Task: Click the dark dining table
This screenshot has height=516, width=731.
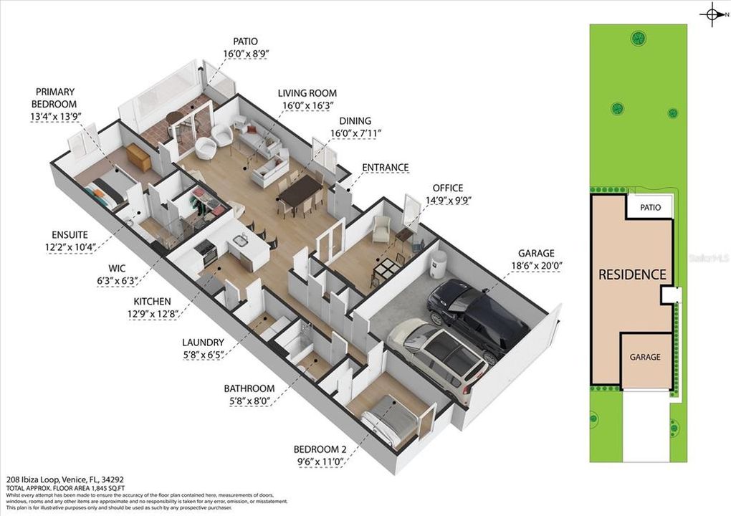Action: pyautogui.click(x=301, y=191)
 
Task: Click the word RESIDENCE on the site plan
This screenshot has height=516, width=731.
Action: pyautogui.click(x=632, y=274)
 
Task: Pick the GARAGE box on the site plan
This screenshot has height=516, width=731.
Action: pyautogui.click(x=645, y=357)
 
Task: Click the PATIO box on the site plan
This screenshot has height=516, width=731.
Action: pyautogui.click(x=650, y=208)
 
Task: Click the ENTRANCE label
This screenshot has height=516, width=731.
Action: pyautogui.click(x=385, y=168)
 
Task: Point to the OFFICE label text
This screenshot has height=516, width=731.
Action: pyautogui.click(x=447, y=188)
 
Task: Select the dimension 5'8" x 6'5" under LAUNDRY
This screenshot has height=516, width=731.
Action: pyautogui.click(x=203, y=354)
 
